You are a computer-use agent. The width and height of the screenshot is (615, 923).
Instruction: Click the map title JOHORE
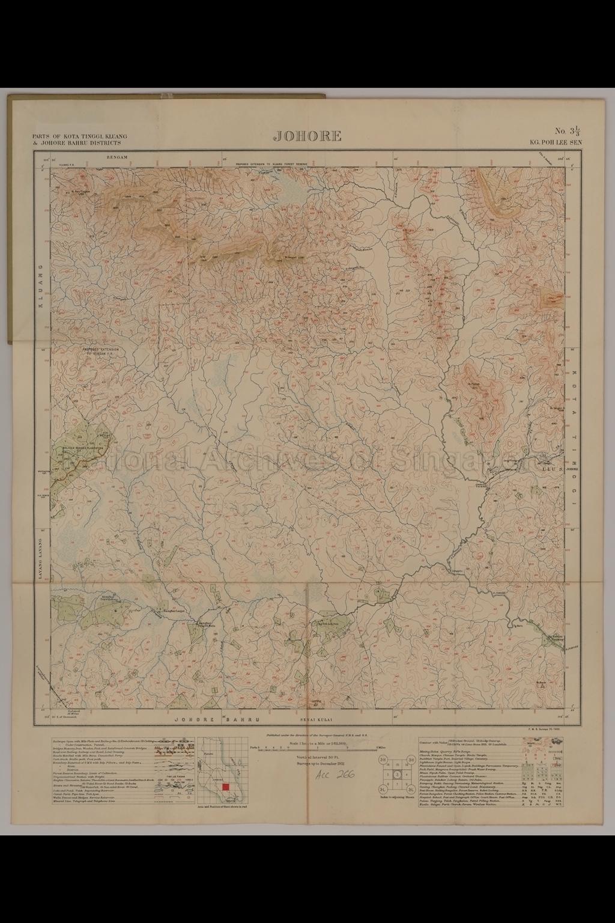click(x=307, y=136)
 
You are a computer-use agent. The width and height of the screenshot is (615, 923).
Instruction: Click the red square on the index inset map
click(x=226, y=787)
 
